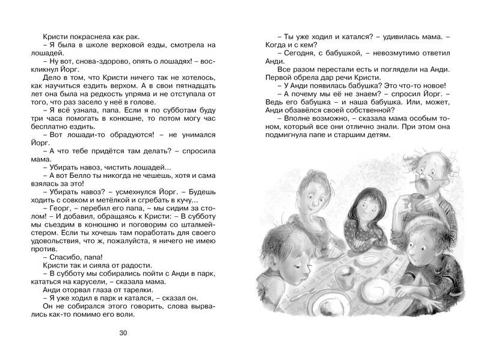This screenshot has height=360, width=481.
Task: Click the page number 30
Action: [124, 333]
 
